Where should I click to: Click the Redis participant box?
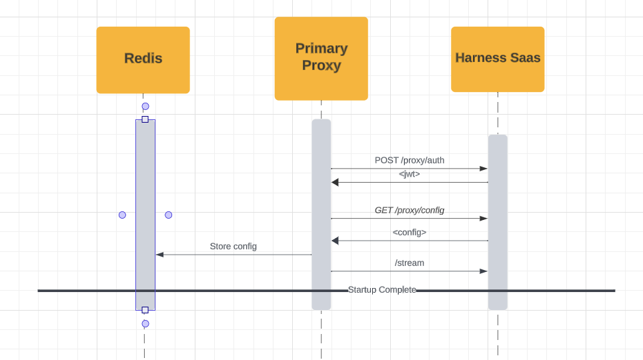[143, 60]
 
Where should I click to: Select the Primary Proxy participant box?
[321, 59]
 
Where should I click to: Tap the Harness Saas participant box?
[498, 59]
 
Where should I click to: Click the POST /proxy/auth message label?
[409, 160]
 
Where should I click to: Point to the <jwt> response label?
[409, 174]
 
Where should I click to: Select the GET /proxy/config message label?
[409, 210]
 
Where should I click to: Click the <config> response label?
[409, 233]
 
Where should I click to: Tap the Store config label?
[233, 247]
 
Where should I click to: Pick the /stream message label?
[409, 263]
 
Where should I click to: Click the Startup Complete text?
[382, 290]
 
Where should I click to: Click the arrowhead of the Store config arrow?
[159, 255]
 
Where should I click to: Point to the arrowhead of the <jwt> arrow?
[335, 182]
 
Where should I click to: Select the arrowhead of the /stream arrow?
[484, 271]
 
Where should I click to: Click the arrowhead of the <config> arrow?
[335, 241]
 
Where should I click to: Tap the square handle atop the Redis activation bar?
[145, 119]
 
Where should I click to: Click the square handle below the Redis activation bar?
[145, 310]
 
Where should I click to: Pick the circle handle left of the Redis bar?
[122, 215]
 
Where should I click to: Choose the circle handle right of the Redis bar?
[168, 215]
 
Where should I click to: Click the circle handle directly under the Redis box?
[145, 107]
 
